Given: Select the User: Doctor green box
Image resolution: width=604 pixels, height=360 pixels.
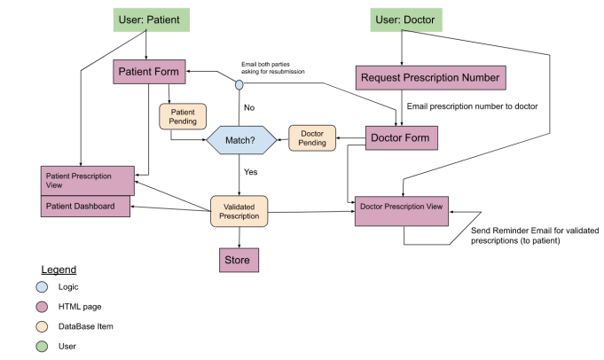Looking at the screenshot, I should click(406, 20).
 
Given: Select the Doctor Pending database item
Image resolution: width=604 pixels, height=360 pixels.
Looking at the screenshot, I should click(312, 137).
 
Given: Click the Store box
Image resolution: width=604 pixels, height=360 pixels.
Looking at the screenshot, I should click(239, 260).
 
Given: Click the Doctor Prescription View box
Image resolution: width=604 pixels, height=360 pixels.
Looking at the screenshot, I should click(403, 208).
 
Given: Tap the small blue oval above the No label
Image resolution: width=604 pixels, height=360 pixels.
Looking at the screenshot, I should click(239, 85).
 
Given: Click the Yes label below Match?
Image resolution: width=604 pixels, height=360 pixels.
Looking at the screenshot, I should click(250, 171).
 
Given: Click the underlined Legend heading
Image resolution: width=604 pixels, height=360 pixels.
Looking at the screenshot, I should click(59, 269).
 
